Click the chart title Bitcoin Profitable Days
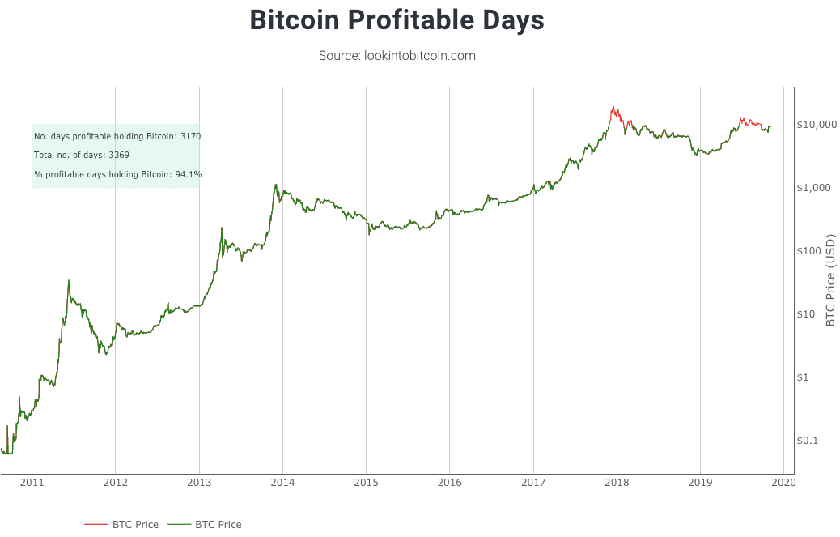coord(397,21)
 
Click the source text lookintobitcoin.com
coord(397,56)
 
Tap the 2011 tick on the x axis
coord(32,483)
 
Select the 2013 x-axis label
coord(199,483)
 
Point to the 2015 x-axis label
coord(366,483)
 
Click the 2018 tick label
coord(617,483)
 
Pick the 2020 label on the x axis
coord(783,483)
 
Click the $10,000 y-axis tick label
coord(815,125)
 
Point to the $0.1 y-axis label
coord(810,441)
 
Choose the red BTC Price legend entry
coord(121,525)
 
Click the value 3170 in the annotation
coord(190,136)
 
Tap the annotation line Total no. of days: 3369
coord(82,155)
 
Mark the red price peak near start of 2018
coord(614,107)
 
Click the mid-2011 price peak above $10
coord(69,281)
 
